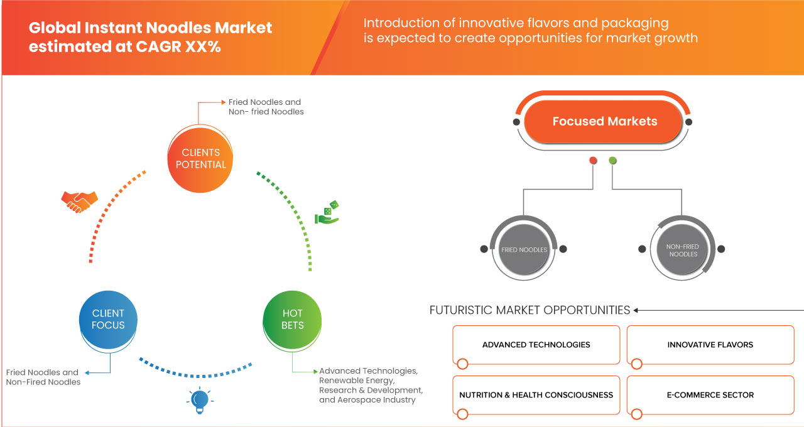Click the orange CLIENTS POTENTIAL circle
(200, 158)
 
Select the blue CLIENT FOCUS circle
(108, 319)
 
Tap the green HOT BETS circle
(292, 319)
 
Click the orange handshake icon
(79, 201)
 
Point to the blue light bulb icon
(199, 400)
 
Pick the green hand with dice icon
(327, 213)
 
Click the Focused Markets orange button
(604, 121)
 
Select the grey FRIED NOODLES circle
(524, 249)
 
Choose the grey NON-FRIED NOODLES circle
(683, 250)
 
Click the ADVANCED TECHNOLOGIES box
(536, 345)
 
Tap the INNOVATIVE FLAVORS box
(710, 345)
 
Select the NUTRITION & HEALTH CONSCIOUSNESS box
(536, 395)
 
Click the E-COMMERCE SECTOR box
(710, 395)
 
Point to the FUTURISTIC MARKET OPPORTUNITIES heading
(530, 310)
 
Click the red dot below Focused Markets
(593, 161)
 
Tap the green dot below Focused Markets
(612, 161)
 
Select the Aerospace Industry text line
(367, 400)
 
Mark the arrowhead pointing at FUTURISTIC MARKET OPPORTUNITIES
(636, 310)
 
